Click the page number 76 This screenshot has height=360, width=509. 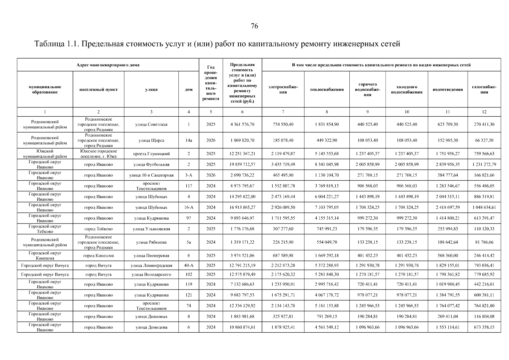point(254,26)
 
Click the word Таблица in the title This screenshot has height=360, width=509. point(49,44)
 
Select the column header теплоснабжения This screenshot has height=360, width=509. point(327,89)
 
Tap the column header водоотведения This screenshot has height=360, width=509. point(448,89)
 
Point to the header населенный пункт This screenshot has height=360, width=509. point(98,89)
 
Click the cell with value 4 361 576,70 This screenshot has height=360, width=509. point(242,124)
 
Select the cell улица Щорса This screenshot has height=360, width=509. point(151,140)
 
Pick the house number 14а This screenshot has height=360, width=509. point(189,140)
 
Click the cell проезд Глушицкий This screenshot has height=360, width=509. point(151,154)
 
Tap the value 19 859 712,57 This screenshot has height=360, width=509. point(242,164)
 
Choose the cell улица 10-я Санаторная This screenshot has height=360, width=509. point(151,175)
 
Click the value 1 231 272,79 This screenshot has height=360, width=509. point(484,164)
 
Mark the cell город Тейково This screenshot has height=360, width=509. point(98,229)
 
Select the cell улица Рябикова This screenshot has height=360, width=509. point(151,242)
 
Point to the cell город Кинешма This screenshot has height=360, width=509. point(98,256)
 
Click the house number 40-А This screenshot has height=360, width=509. point(189,265)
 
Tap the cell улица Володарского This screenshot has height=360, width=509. point(151,274)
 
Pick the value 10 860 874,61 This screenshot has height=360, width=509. point(242,327)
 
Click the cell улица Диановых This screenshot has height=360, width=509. point(151,316)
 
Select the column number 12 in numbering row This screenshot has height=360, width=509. point(484,112)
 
